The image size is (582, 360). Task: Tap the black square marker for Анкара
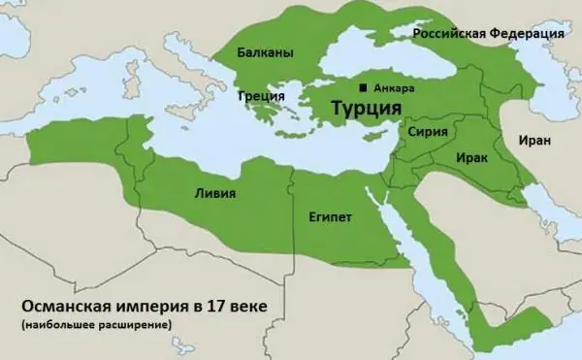pos(363,87)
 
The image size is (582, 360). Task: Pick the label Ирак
pos(470,155)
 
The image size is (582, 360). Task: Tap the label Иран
pos(534,140)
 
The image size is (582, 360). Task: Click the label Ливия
pos(214,192)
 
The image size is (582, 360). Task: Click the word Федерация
pos(530,35)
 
